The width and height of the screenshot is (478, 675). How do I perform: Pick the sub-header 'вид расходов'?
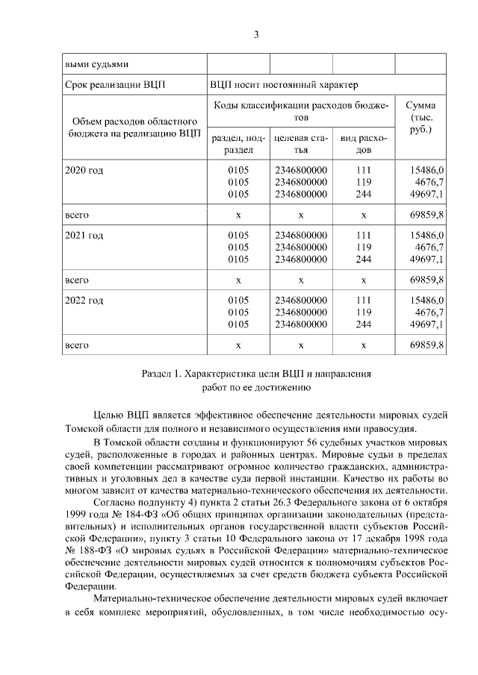[x=363, y=144]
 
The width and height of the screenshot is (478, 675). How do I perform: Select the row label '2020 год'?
[x=84, y=170]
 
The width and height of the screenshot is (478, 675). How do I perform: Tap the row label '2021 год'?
[x=84, y=235]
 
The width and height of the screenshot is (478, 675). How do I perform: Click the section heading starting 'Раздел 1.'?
[x=255, y=371]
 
